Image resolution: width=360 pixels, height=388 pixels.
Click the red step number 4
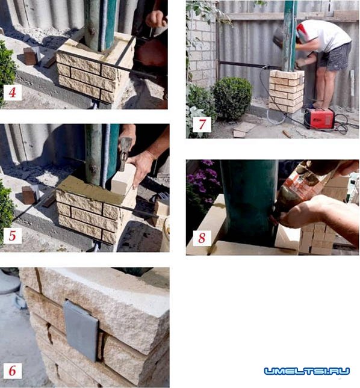[x=13, y=92]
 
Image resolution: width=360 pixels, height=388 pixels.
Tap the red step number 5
[x=13, y=235]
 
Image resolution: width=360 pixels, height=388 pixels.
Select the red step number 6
[x=13, y=371]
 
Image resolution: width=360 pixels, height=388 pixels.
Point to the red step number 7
[x=202, y=124]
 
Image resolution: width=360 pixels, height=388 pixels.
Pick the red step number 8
[x=202, y=238]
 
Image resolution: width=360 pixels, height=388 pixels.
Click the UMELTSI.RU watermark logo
[x=307, y=371]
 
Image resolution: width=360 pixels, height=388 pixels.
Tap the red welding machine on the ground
[x=319, y=119]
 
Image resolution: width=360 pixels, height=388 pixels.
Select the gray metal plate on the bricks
[x=81, y=330]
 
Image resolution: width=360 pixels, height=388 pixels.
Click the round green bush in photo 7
[x=232, y=98]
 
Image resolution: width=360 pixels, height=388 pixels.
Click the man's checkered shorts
[x=335, y=57]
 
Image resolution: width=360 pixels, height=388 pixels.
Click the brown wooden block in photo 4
[x=30, y=56]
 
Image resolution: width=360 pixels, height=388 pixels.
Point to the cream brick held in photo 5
[x=123, y=179]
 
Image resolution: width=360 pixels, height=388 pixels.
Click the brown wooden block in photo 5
[x=29, y=195]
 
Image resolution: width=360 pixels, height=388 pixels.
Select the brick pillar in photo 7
[x=286, y=91]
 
